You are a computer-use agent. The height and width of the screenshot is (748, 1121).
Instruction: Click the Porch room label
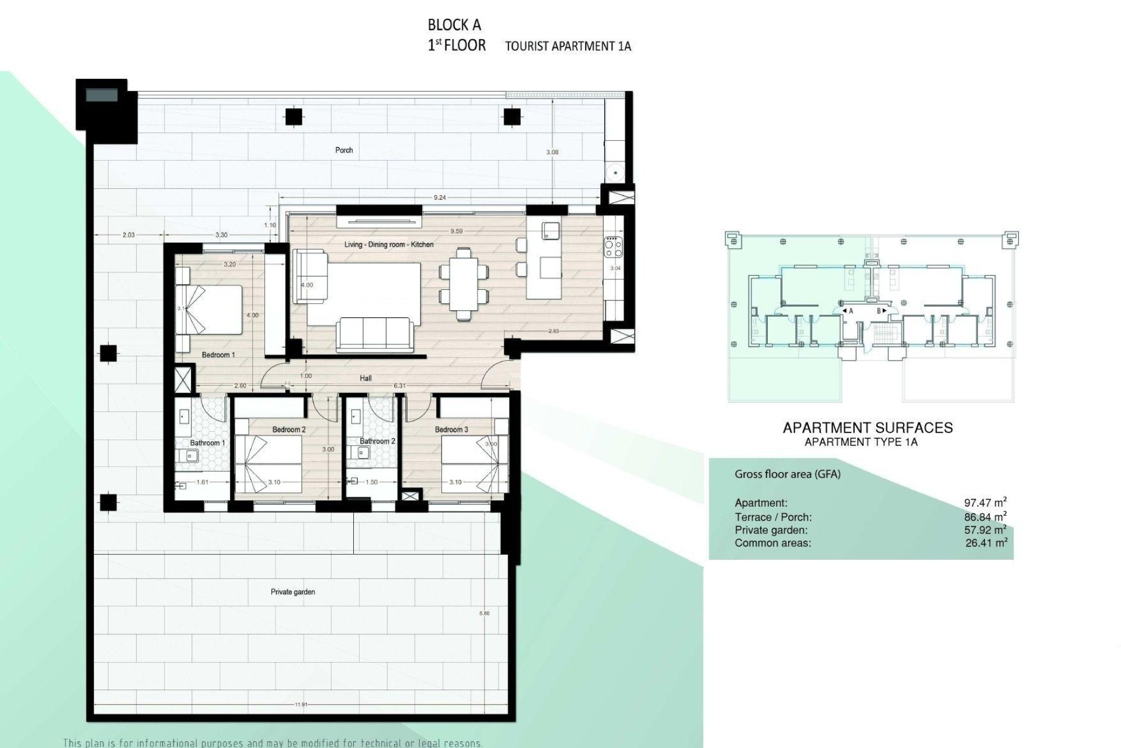click(x=344, y=150)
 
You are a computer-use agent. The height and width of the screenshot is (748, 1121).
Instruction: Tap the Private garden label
click(x=293, y=592)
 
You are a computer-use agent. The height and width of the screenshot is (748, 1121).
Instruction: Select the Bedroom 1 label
click(x=218, y=355)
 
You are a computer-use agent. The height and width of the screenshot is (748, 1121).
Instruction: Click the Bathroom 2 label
click(x=377, y=441)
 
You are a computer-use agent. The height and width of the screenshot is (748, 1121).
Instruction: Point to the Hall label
click(x=365, y=378)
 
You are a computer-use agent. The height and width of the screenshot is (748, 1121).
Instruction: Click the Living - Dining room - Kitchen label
click(x=388, y=244)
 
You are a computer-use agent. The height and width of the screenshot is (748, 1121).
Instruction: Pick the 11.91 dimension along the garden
click(x=301, y=705)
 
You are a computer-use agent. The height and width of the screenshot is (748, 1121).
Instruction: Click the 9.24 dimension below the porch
click(x=440, y=198)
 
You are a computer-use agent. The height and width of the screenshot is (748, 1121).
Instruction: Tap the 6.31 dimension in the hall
click(x=400, y=386)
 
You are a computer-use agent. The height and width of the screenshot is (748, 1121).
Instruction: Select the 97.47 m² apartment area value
click(x=985, y=503)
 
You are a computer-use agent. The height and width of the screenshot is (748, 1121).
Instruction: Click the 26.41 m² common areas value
click(x=986, y=543)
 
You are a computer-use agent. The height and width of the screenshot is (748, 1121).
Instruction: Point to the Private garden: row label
click(x=771, y=530)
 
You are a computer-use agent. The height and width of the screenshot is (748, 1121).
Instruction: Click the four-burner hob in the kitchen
click(x=613, y=247)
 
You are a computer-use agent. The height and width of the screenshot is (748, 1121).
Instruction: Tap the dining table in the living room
click(x=464, y=283)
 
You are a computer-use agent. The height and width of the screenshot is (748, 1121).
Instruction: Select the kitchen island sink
click(x=550, y=230)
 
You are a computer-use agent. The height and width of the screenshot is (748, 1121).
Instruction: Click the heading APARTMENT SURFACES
click(x=867, y=428)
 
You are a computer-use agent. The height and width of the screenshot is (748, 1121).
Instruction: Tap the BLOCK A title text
click(x=454, y=25)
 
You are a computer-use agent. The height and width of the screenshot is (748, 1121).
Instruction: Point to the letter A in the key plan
click(x=851, y=311)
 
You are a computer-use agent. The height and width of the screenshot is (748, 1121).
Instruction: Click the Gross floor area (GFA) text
click(x=787, y=475)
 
